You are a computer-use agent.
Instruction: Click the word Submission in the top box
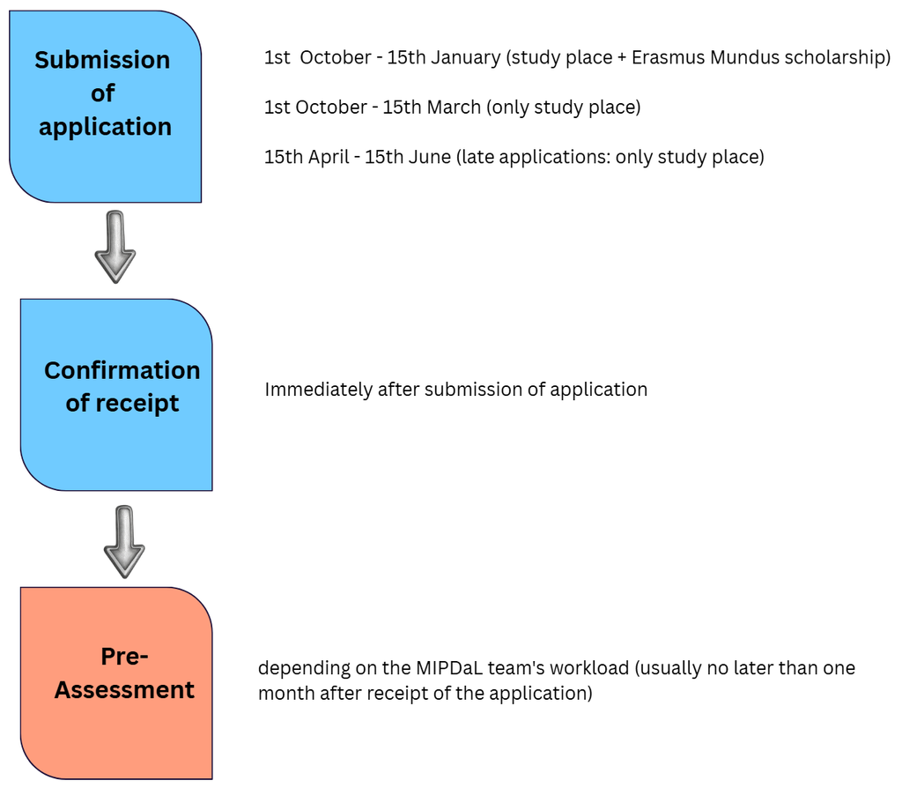(x=102, y=60)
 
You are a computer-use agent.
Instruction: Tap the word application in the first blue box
(x=106, y=127)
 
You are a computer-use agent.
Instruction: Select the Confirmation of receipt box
(x=116, y=395)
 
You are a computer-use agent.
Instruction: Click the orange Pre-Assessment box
(x=116, y=683)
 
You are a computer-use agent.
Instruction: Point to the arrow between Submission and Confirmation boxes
(x=115, y=247)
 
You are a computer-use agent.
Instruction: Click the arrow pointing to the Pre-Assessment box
(x=124, y=542)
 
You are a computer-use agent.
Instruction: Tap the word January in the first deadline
(x=466, y=58)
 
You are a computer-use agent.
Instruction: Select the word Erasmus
(x=669, y=57)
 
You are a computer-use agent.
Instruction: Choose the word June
(x=429, y=157)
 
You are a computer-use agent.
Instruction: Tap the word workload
(x=589, y=668)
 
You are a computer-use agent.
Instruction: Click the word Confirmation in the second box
(x=122, y=371)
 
